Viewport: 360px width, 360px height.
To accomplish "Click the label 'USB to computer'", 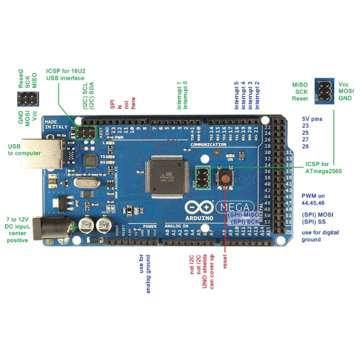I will (x=24, y=149).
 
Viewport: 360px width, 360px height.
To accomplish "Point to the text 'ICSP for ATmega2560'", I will (x=323, y=167).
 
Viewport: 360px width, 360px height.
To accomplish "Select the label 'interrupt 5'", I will (x=237, y=96).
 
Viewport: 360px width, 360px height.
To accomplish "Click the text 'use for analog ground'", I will (x=144, y=273).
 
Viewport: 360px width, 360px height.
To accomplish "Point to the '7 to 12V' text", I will (x=17, y=219).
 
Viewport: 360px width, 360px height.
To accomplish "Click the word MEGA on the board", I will (x=232, y=206).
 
